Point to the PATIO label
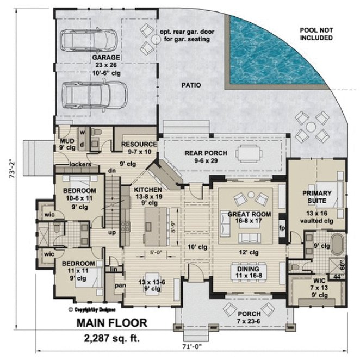(x=191, y=85)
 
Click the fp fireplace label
(x=282, y=227)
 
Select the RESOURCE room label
(x=139, y=144)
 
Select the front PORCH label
(x=249, y=314)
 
